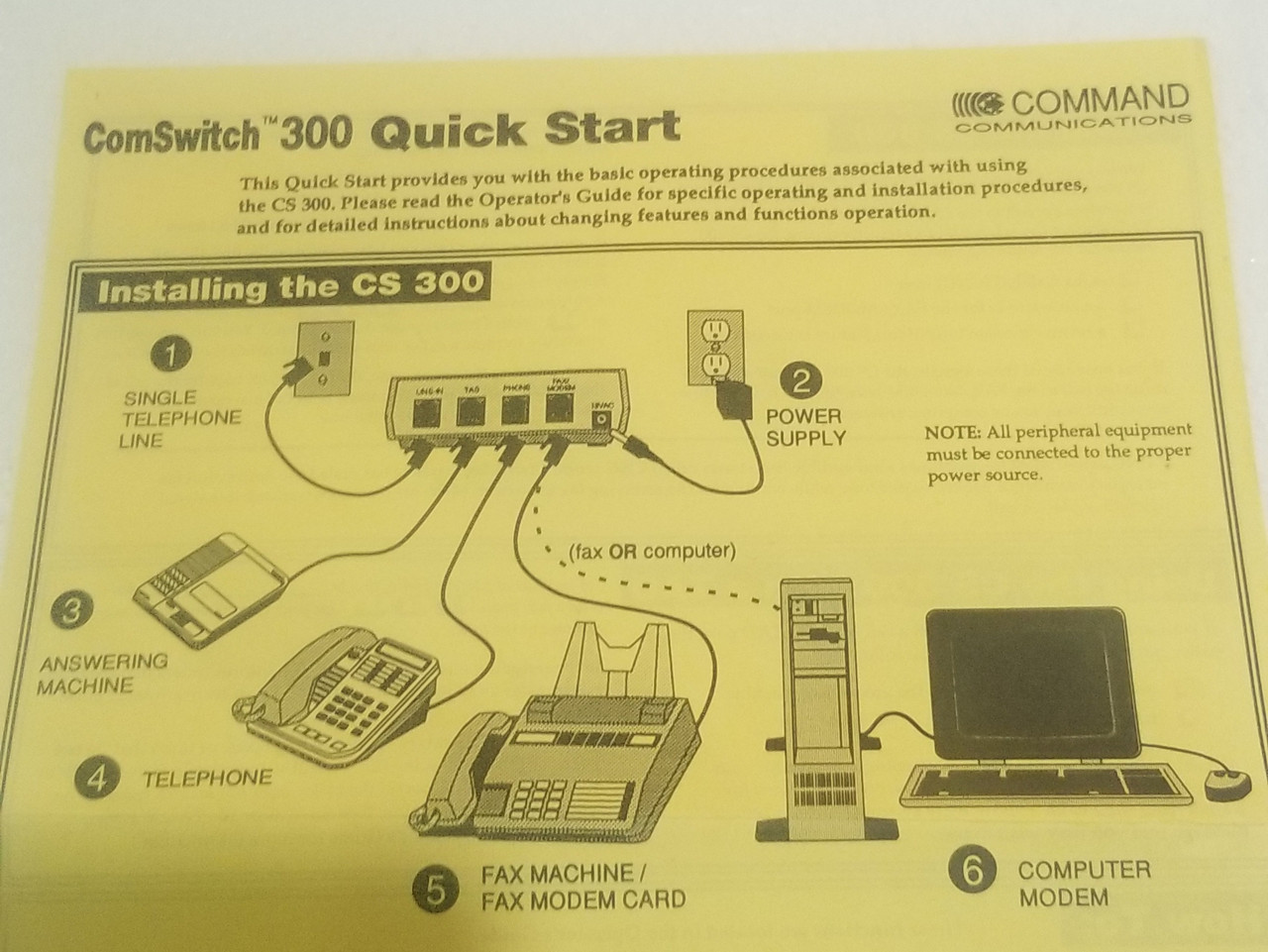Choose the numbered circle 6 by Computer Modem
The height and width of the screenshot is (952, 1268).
click(x=972, y=871)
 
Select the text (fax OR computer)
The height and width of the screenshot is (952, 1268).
click(x=651, y=551)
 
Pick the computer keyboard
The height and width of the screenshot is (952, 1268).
click(x=1049, y=781)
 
